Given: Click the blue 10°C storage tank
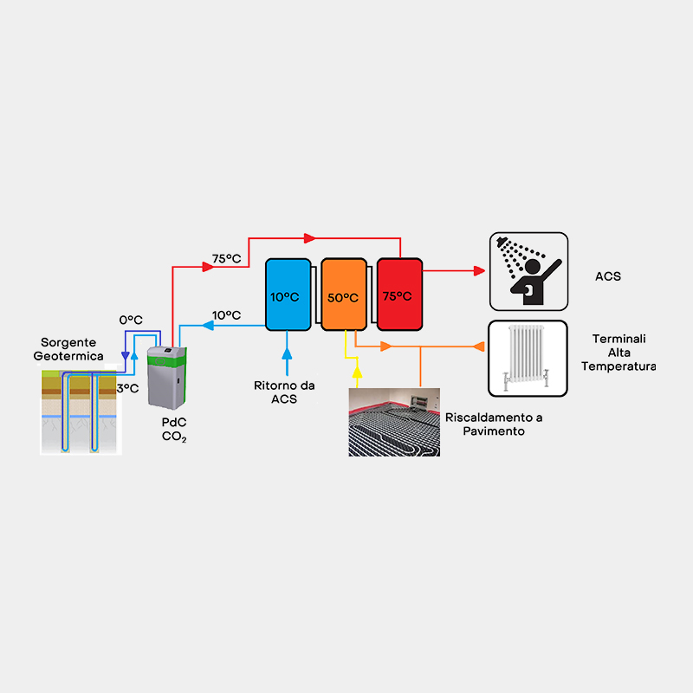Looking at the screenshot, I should click(x=287, y=295).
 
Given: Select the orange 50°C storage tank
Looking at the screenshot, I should click(x=343, y=295).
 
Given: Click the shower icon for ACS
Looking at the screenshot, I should click(x=528, y=271).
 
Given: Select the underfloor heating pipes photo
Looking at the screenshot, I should click(x=394, y=422).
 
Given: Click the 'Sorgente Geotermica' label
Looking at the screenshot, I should click(x=68, y=349).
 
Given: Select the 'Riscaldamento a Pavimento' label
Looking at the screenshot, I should click(x=494, y=424).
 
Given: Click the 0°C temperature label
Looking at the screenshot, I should click(x=130, y=320).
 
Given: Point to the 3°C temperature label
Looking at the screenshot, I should click(x=127, y=388).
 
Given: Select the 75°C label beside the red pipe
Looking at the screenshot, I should click(x=226, y=258).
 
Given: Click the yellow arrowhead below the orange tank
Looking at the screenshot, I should click(x=355, y=374).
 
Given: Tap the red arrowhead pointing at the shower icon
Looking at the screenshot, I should click(x=479, y=270).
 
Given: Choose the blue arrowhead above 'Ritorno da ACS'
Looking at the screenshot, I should click(x=287, y=350).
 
